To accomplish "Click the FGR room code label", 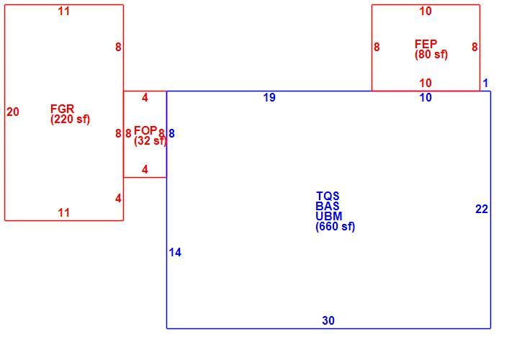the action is click(62, 109).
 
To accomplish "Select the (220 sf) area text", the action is click(71, 120).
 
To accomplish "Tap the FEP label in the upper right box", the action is click(426, 44).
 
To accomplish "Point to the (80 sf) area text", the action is click(431, 54).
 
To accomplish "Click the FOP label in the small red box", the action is click(145, 130).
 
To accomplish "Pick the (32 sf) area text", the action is click(150, 141).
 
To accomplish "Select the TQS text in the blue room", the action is click(328, 196).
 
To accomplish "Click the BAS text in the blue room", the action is click(328, 206).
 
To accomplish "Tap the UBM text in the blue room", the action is click(329, 216).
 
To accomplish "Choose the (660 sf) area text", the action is click(336, 227).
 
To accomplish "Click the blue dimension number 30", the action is click(328, 320).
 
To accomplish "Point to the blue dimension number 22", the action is click(482, 209).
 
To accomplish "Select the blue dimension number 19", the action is click(269, 98).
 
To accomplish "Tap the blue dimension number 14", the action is click(175, 253).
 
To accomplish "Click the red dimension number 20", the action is click(13, 112).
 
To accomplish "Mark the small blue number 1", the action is click(485, 83).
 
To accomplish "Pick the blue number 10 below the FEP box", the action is click(426, 98).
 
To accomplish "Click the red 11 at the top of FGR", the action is click(64, 12).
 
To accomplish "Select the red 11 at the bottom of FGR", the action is click(64, 212).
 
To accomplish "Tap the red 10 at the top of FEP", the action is click(426, 12).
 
